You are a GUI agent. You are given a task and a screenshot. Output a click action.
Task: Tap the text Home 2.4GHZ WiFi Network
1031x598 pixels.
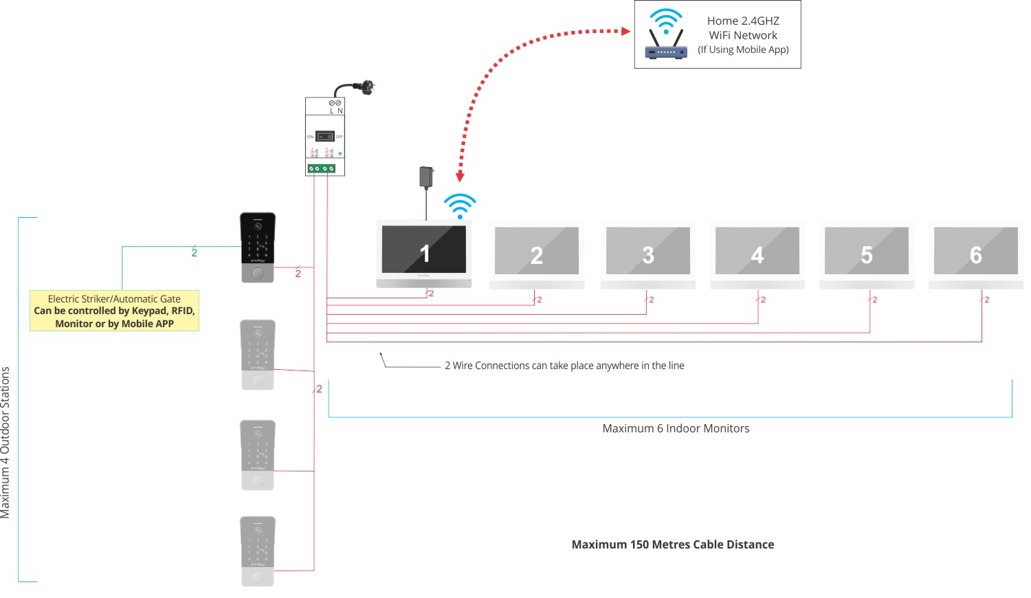point(743,28)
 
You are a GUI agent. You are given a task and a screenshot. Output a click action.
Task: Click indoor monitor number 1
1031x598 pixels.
point(424,253)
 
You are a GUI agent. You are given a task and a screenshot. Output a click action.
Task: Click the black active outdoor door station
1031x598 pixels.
point(258,247)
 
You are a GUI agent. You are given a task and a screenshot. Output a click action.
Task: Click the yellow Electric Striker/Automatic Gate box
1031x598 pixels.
point(114,311)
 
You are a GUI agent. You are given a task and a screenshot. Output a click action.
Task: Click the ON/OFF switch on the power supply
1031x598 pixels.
point(324,136)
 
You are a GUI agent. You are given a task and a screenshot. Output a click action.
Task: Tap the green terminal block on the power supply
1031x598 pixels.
point(321,168)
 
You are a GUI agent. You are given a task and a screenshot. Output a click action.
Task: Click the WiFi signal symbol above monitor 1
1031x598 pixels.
point(460,206)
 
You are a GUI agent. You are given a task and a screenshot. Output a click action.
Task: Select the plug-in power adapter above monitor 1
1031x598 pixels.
point(426,177)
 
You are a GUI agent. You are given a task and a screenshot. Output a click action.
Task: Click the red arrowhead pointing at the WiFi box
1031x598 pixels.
point(625,31)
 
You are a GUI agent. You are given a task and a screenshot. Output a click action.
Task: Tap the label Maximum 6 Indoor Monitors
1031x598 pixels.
point(676,428)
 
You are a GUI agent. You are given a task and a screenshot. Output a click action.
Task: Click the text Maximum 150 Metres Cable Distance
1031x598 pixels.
point(672,544)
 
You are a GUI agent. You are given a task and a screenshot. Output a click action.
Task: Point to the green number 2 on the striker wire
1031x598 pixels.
point(194,253)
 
